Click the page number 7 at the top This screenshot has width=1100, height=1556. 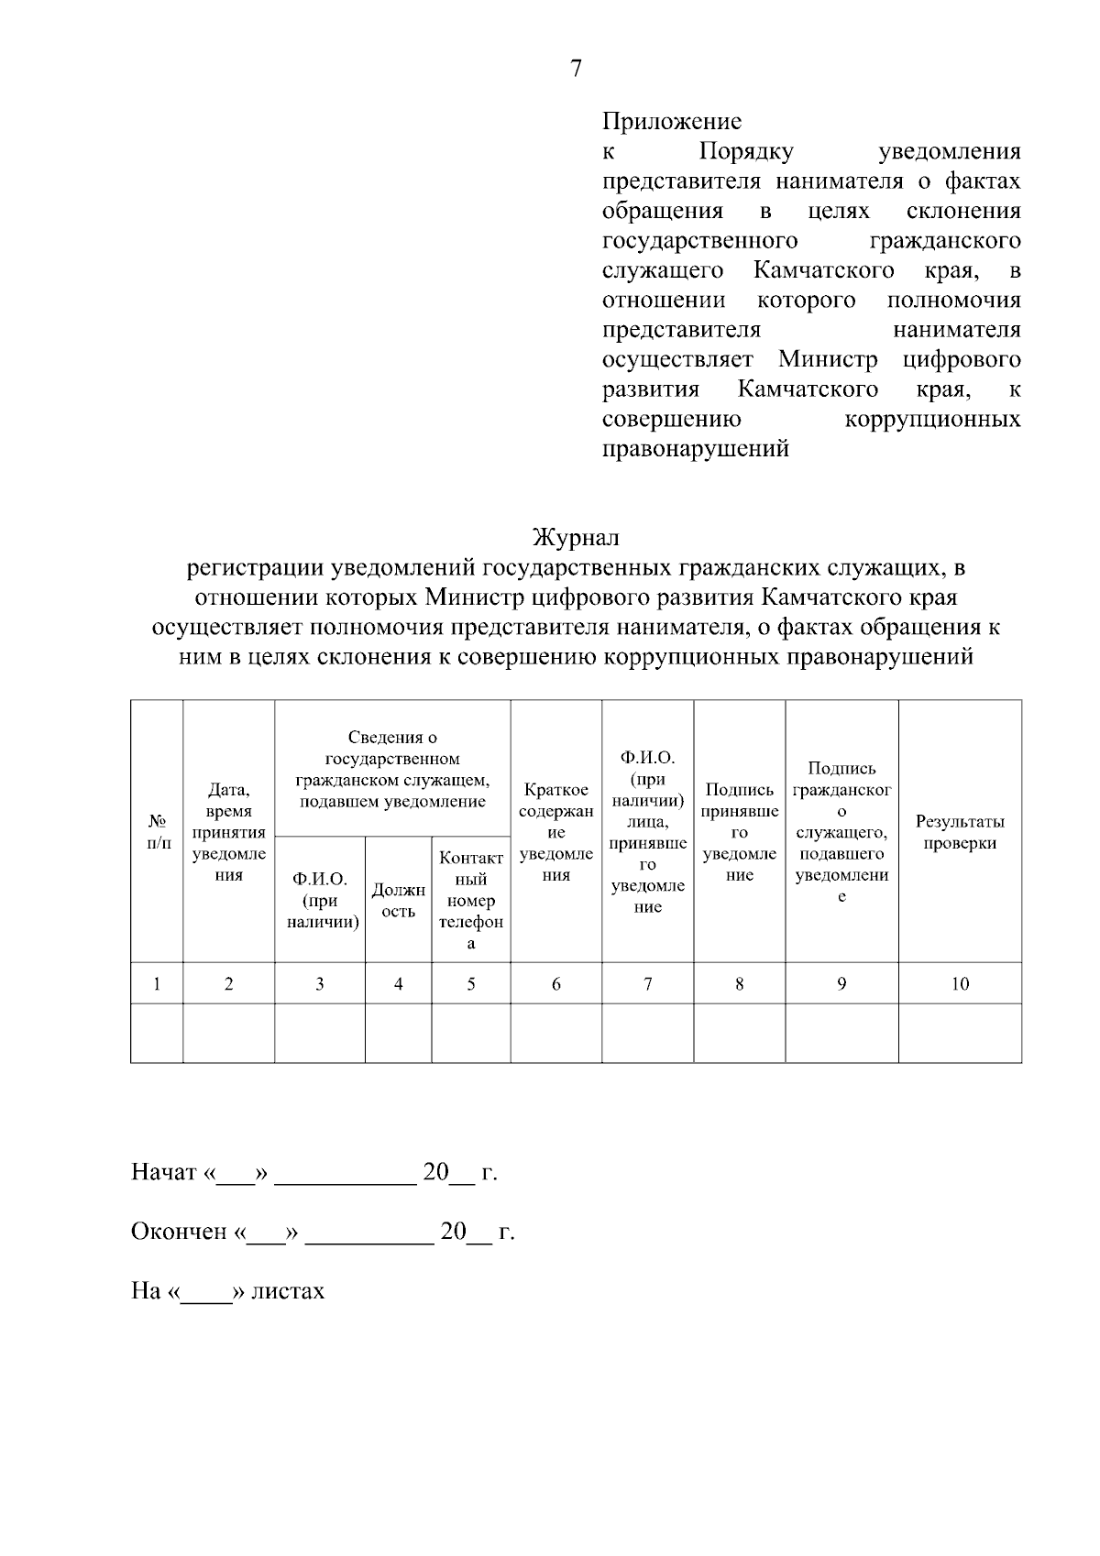[576, 69]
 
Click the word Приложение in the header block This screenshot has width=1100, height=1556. [671, 121]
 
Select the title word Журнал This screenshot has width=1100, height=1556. [577, 537]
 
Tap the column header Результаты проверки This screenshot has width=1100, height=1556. [959, 832]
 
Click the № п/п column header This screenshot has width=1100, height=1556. [158, 832]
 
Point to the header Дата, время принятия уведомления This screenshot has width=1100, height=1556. [228, 832]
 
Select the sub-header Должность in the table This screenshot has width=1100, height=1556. [398, 900]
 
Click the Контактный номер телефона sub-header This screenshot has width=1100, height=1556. [470, 900]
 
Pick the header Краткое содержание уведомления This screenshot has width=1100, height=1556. [555, 832]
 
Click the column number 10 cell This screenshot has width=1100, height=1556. [959, 984]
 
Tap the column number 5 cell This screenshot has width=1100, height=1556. [470, 984]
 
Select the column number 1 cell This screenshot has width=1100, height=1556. [158, 984]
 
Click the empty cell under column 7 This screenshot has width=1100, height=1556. [647, 1034]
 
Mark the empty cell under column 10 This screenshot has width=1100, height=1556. [959, 1034]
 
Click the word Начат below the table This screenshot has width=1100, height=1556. [164, 1173]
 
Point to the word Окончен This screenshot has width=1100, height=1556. [179, 1232]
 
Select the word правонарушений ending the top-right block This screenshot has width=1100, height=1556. [695, 450]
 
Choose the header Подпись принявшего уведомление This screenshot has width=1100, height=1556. [739, 832]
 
